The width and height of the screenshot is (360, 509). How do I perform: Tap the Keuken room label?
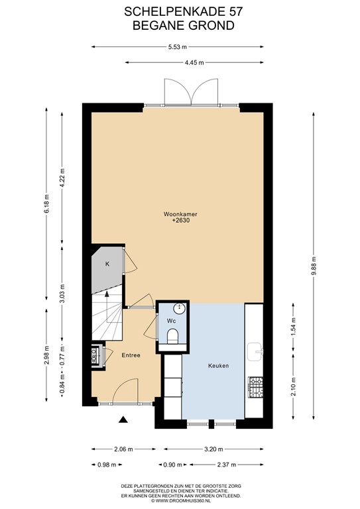click(218, 365)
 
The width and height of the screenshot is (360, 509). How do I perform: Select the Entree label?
click(131, 355)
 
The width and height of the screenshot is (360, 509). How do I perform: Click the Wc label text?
click(170, 321)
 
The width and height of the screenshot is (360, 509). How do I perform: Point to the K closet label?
click(107, 264)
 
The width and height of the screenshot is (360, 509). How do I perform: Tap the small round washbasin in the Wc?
click(179, 308)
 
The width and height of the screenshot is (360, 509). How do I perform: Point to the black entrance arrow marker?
click(123, 419)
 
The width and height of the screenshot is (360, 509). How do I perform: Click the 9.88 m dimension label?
click(314, 259)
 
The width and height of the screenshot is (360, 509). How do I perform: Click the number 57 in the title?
click(224, 11)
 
